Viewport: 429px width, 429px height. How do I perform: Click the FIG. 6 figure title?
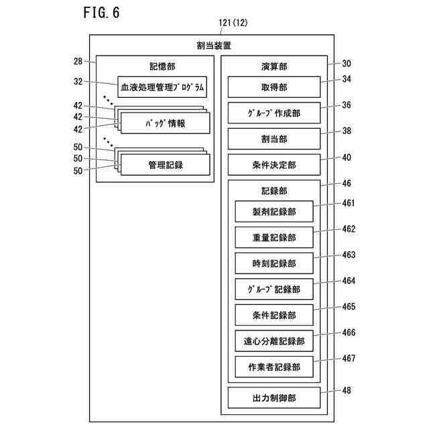point(101,12)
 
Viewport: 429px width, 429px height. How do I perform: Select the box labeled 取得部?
point(273,87)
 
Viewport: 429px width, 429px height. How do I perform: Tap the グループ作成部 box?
point(273,113)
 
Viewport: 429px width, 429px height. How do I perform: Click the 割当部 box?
point(273,139)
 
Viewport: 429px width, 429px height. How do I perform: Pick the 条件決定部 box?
point(273,165)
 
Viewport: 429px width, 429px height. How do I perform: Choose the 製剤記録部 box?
point(273,212)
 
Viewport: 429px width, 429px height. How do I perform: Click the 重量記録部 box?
point(273,237)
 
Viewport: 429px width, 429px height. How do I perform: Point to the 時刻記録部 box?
point(273,263)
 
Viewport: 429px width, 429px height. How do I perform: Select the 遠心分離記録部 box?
point(273,341)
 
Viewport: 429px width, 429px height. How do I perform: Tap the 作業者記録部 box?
point(273,367)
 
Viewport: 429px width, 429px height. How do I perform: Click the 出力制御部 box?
point(273,398)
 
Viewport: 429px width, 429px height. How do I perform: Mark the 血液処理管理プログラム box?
point(162,87)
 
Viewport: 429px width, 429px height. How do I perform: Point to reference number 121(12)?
point(233,23)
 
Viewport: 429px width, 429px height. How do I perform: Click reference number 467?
point(349,359)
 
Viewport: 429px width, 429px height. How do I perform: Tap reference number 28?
point(78,62)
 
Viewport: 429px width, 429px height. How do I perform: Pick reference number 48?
point(346,390)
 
